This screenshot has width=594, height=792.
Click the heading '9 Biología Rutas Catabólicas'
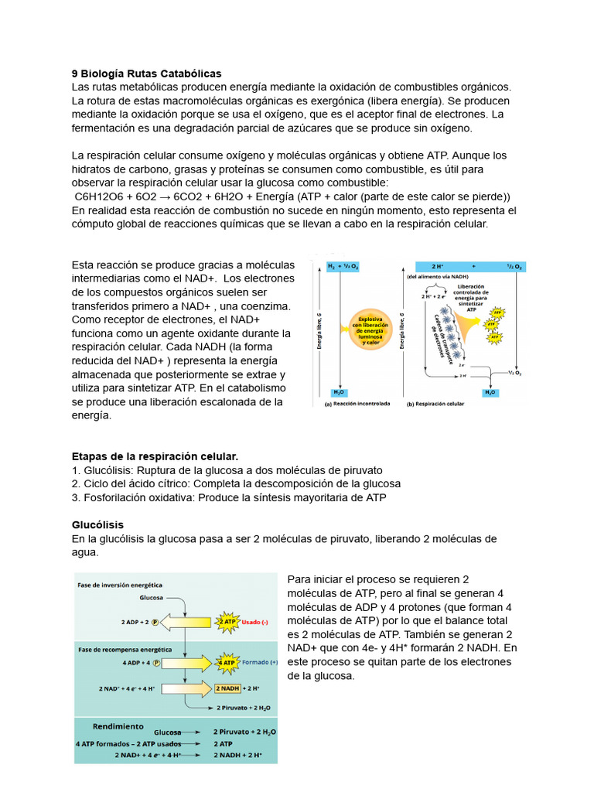[146, 73]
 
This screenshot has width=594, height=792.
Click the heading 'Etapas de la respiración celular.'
[155, 456]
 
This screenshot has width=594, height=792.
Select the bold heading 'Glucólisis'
[97, 525]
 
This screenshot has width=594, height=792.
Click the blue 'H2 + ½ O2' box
[343, 266]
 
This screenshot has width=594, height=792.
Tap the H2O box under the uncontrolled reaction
[339, 392]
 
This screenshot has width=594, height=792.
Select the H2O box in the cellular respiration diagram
[490, 392]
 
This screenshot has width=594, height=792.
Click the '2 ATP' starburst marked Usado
[227, 622]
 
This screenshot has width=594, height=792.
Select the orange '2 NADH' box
[228, 688]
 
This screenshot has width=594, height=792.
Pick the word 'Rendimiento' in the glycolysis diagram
[118, 726]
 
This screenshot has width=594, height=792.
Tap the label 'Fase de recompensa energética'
[125, 649]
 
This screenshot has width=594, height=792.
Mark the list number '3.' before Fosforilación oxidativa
[76, 497]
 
